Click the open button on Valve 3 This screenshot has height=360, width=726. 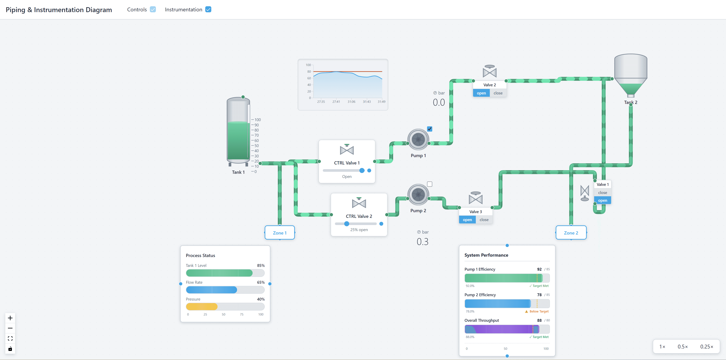point(467,220)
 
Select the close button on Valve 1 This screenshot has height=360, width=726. point(602,192)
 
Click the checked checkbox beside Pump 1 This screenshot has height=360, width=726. point(430,129)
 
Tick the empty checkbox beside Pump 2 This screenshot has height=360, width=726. point(430,184)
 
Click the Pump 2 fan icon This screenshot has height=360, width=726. point(418,195)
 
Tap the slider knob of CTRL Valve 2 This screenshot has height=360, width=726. point(347,224)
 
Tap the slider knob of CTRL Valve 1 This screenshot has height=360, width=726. point(362,170)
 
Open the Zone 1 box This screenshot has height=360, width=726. point(280,233)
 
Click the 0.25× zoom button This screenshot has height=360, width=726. point(707,347)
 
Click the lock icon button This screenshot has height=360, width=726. point(10,349)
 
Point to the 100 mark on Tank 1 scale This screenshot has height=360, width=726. point(257,120)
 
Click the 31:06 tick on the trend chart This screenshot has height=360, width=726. point(351,101)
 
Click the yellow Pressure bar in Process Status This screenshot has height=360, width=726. point(201,306)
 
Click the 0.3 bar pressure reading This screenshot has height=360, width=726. point(422,242)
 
